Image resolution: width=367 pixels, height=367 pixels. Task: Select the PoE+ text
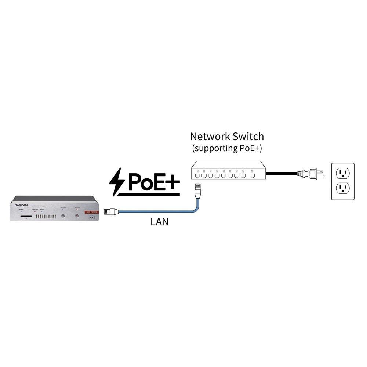pos(152,181)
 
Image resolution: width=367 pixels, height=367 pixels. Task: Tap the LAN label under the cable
pos(159,222)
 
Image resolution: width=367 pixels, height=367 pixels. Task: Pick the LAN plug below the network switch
pos(198,190)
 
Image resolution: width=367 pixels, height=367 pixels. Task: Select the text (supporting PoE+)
pos(227,149)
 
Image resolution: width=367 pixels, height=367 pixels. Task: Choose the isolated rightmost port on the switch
pos(252,176)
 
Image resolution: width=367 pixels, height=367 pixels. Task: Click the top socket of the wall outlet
pos(342,172)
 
